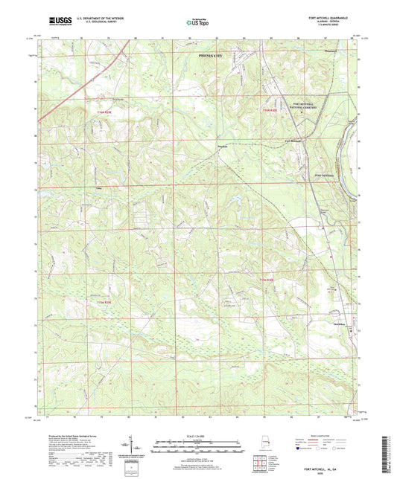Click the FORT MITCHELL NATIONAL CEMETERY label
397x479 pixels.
point(307,107)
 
